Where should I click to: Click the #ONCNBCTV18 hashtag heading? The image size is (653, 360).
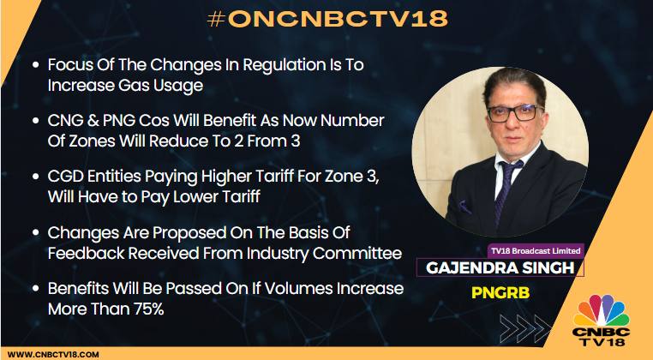point(327,18)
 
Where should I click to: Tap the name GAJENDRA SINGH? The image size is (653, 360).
point(500,268)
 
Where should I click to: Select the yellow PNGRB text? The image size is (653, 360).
point(500,292)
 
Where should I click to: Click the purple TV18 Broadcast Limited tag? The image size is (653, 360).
point(536,251)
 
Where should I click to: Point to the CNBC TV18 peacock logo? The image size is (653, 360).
point(601,320)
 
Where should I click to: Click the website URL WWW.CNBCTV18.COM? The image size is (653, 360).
point(53,355)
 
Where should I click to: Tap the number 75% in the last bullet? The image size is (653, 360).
point(148,309)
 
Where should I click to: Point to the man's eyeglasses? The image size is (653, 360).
point(516,113)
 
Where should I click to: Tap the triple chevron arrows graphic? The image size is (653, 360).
point(524,328)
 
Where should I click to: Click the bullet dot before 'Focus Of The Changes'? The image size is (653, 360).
point(36,65)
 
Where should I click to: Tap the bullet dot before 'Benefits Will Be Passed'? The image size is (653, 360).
point(36,289)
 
